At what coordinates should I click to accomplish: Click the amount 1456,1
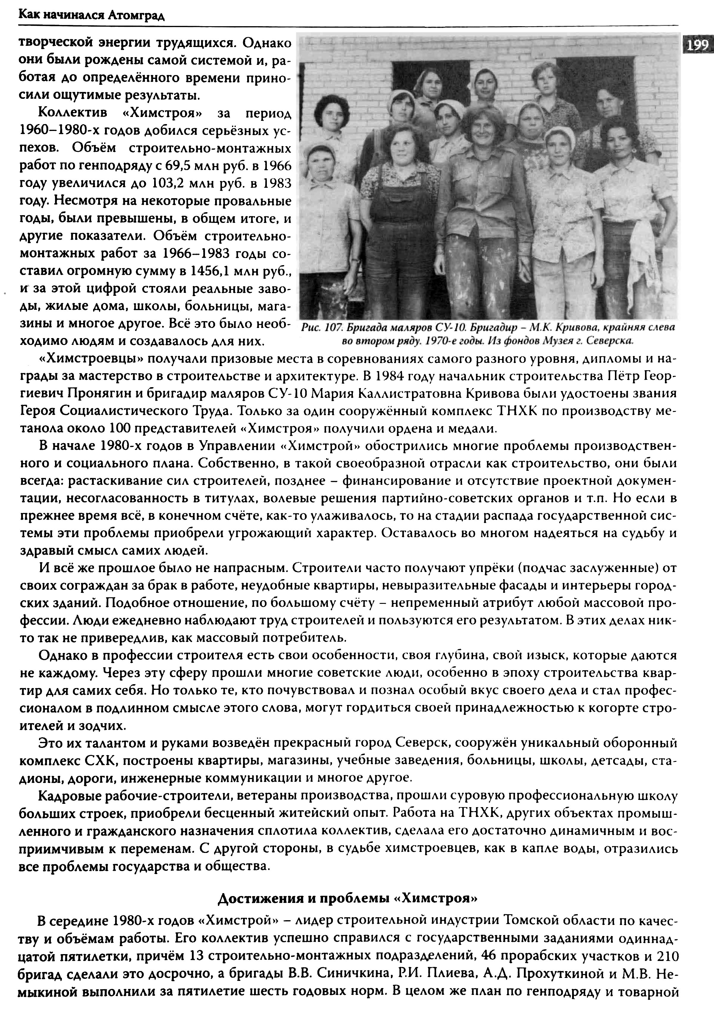click(208, 271)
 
